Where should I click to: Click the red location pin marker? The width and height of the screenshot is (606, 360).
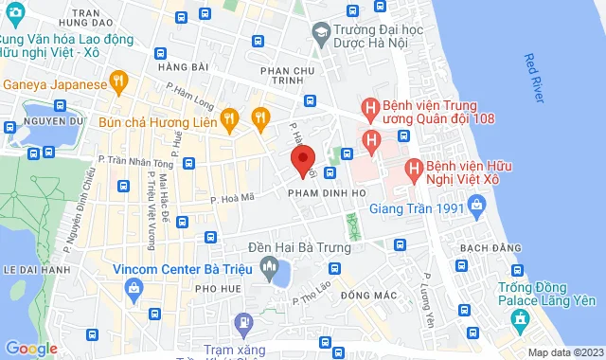[301, 159]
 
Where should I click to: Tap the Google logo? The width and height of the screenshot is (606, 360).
[31, 349]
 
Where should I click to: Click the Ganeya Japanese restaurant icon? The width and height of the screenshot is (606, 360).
[118, 82]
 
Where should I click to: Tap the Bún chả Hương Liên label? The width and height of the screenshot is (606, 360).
[156, 120]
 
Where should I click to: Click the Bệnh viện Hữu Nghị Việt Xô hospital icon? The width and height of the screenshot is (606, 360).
[413, 171]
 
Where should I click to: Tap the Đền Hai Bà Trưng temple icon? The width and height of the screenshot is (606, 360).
[271, 265]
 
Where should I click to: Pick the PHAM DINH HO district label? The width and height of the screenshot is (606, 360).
[321, 192]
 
